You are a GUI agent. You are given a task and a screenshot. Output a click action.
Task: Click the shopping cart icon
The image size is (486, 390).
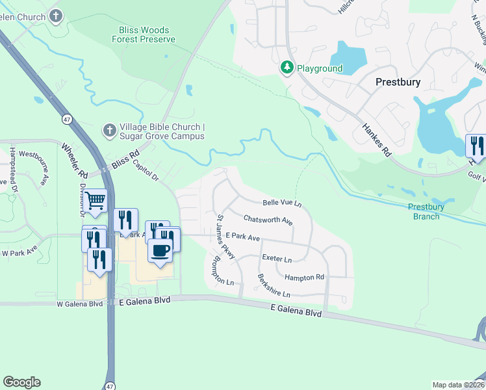pos(95,201)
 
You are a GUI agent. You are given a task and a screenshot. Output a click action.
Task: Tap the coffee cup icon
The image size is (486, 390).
pos(160,250)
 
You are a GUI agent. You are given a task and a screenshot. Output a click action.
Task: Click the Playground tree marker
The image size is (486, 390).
pos(287,68)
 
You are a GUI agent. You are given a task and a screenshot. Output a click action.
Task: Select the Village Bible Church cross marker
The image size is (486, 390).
pos(109,131)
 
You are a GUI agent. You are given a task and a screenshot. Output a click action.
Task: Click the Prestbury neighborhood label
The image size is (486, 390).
pos(398,83)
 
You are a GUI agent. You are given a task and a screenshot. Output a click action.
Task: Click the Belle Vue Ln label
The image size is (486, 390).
pos(282,203)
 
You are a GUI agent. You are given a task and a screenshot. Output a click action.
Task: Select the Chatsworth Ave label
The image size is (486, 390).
pos(268,220)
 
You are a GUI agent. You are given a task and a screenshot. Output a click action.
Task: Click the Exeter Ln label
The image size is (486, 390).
pos(277,258)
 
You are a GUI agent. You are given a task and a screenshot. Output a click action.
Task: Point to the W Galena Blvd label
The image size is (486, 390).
pos(80,304)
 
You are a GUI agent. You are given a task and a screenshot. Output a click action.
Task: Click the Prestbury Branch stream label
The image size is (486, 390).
pos(426,211)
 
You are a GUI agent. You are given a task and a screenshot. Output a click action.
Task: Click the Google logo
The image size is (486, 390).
pos(21,382)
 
